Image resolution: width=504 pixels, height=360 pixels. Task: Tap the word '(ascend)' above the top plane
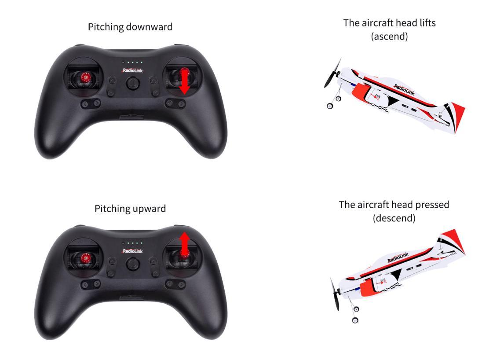(x=389, y=37)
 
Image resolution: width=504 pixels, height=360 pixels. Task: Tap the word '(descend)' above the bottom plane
(x=394, y=218)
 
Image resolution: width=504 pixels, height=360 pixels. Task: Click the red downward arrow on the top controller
(x=185, y=81)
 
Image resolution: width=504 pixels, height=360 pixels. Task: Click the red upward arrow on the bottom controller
(x=185, y=245)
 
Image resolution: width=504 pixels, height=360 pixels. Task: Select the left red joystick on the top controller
(x=85, y=77)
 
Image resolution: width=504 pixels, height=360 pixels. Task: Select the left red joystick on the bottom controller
(x=85, y=258)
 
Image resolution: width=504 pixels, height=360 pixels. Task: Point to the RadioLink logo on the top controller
(x=132, y=70)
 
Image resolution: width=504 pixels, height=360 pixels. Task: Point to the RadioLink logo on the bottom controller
(x=132, y=251)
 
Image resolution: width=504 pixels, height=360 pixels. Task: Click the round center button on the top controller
(x=132, y=83)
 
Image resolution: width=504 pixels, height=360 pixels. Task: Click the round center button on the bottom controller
(x=132, y=264)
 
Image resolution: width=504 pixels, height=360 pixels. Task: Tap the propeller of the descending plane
(x=335, y=294)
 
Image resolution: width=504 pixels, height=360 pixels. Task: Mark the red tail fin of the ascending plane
(x=457, y=114)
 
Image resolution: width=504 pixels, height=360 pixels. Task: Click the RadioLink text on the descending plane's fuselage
(x=398, y=257)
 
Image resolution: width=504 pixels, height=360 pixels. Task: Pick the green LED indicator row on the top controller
(x=132, y=62)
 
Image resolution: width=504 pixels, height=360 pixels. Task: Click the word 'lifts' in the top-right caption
(x=427, y=23)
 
